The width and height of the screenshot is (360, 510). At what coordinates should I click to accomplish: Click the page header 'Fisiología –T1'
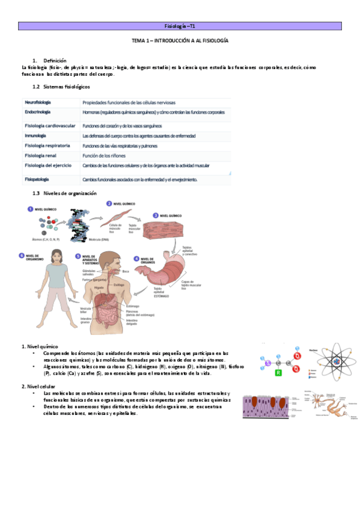tap(180, 26)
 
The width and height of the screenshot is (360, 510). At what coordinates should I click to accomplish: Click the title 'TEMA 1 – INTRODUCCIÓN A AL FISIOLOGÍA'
tap(180, 41)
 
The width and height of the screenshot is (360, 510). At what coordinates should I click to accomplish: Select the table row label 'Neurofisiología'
tap(37, 102)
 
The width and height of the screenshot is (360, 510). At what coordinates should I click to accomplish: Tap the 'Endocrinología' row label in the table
tap(37, 112)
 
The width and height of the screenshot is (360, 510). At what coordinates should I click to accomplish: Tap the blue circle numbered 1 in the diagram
tap(29, 209)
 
